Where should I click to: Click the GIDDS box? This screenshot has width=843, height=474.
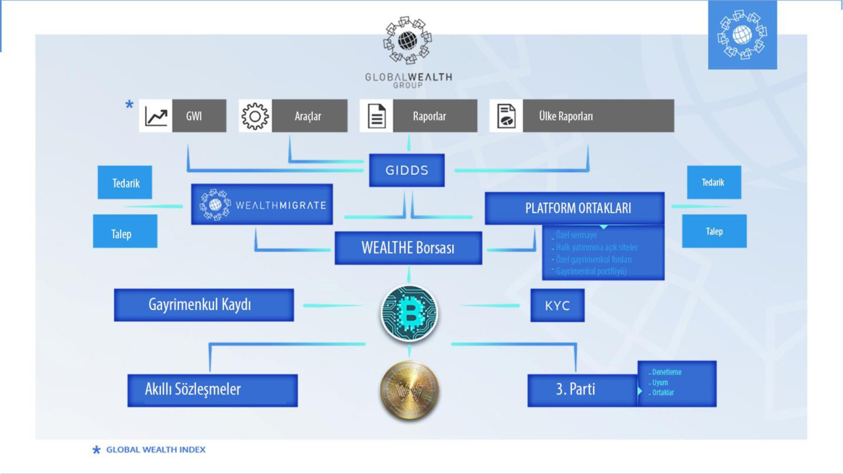(x=407, y=170)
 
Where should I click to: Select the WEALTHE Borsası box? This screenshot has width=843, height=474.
(x=408, y=248)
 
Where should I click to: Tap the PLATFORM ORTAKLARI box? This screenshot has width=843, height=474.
(x=574, y=208)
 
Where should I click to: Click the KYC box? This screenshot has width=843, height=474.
(x=557, y=305)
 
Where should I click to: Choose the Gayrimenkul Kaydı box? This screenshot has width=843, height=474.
(x=204, y=305)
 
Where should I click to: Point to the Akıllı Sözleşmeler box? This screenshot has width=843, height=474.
(x=212, y=390)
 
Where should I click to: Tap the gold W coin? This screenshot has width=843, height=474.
(x=409, y=391)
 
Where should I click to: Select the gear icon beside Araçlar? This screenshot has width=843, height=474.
(x=255, y=116)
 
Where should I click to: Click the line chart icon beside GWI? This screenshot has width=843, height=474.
(x=156, y=116)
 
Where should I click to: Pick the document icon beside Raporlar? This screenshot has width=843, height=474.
(x=376, y=116)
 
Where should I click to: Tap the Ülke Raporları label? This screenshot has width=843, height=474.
(x=566, y=116)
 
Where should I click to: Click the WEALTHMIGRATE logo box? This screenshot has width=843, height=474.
(x=262, y=205)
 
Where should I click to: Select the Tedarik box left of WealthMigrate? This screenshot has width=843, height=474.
(x=125, y=183)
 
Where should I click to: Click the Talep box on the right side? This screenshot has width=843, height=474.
(x=714, y=231)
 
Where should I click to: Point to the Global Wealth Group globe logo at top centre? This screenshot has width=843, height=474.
(x=407, y=41)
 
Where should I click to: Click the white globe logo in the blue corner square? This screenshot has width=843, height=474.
(x=742, y=35)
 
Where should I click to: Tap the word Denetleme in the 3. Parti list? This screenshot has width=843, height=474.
(x=666, y=372)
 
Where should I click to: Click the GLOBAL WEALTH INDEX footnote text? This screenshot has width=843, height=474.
(x=156, y=450)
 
